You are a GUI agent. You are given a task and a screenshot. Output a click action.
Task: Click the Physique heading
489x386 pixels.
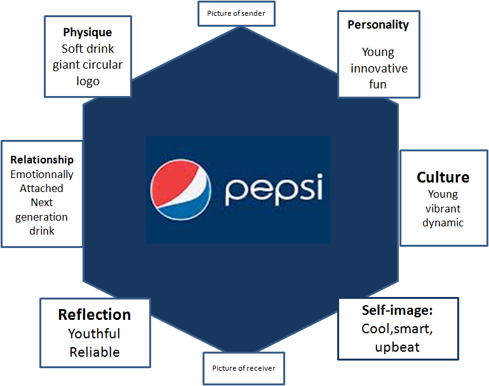88,32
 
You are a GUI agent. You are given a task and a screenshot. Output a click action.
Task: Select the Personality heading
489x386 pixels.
378,25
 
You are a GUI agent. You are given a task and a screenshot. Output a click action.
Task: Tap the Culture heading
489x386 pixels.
443,177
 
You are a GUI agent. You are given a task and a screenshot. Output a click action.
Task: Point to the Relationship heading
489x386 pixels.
42,160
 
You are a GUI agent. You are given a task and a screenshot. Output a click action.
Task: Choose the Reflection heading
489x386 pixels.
95,314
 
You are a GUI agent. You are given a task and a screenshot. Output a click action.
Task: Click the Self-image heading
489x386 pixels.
397,311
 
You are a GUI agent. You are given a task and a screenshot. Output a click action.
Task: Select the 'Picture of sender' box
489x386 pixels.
236,13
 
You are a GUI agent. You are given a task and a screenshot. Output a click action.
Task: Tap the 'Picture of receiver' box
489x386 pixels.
244,368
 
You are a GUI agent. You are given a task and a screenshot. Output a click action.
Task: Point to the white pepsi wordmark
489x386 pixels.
274,189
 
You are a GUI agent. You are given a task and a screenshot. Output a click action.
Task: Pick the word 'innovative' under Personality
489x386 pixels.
379,68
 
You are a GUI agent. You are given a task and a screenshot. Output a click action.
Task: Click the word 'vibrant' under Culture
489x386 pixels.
443,209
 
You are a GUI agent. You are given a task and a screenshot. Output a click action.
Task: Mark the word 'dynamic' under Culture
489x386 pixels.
443,223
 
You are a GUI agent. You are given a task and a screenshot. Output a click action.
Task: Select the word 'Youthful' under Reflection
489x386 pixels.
94,333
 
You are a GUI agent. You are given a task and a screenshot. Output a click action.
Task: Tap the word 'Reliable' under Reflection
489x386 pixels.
95,352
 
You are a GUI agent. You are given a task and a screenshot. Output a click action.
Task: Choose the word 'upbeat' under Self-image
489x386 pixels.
397,347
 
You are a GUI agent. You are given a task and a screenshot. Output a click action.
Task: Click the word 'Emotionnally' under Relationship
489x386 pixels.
42,174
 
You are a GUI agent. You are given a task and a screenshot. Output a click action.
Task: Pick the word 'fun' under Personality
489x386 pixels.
378,84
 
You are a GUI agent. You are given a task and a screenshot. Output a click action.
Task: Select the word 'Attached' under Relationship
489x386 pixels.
41,188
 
